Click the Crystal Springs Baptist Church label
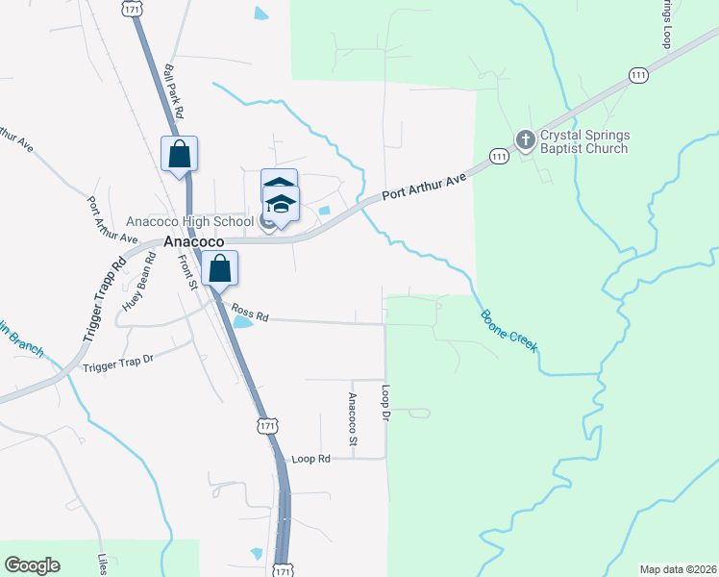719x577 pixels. (x=584, y=141)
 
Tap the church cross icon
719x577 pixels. (x=525, y=140)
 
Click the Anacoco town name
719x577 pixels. (x=193, y=242)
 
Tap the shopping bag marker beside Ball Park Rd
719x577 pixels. (x=179, y=154)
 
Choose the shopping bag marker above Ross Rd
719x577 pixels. (x=220, y=270)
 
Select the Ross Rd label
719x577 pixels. (x=250, y=313)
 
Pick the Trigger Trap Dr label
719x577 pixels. (x=118, y=363)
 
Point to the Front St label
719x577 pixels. (x=189, y=271)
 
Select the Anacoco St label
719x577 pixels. (x=353, y=419)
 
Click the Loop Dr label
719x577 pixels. (x=384, y=404)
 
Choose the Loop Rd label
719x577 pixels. (x=310, y=459)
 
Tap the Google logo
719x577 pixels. (x=32, y=565)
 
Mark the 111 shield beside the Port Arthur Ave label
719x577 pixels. (x=498, y=156)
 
